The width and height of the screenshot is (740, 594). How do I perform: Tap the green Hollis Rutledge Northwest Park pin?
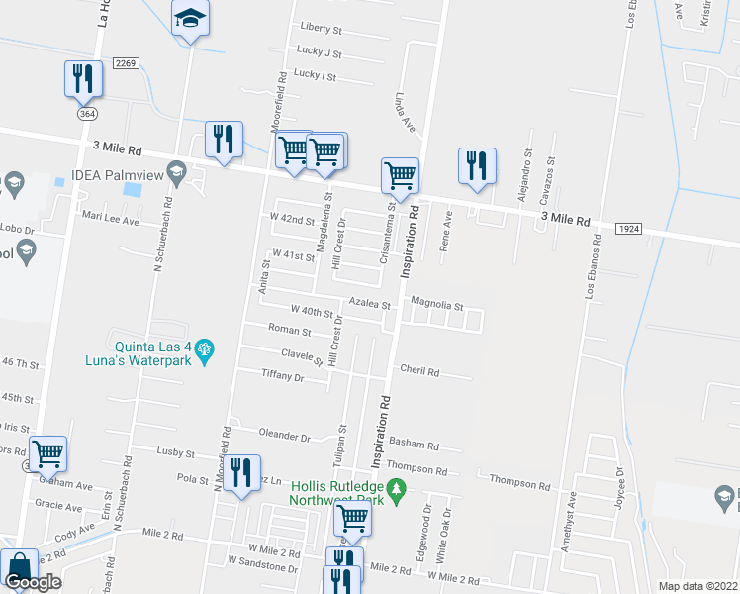pyautogui.click(x=397, y=489)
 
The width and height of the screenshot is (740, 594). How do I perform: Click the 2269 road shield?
pyautogui.click(x=124, y=63)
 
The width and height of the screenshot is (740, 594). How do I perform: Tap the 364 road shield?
pyautogui.click(x=88, y=115)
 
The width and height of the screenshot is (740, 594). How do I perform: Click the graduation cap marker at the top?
pyautogui.click(x=190, y=19)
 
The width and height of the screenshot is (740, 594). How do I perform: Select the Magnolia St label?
pyautogui.click(x=436, y=305)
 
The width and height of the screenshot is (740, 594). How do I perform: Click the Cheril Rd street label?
pyautogui.click(x=419, y=370)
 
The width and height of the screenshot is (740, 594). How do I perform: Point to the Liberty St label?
pyautogui.click(x=321, y=29)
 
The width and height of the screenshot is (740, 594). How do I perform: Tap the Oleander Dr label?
pyautogui.click(x=284, y=435)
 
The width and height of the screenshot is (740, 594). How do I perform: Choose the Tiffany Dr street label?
pyautogui.click(x=282, y=376)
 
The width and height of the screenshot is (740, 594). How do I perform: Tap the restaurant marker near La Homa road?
pyautogui.click(x=84, y=79)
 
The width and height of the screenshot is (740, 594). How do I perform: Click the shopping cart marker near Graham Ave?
pyautogui.click(x=47, y=453)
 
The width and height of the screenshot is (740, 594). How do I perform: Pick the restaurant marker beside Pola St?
pyautogui.click(x=241, y=473)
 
